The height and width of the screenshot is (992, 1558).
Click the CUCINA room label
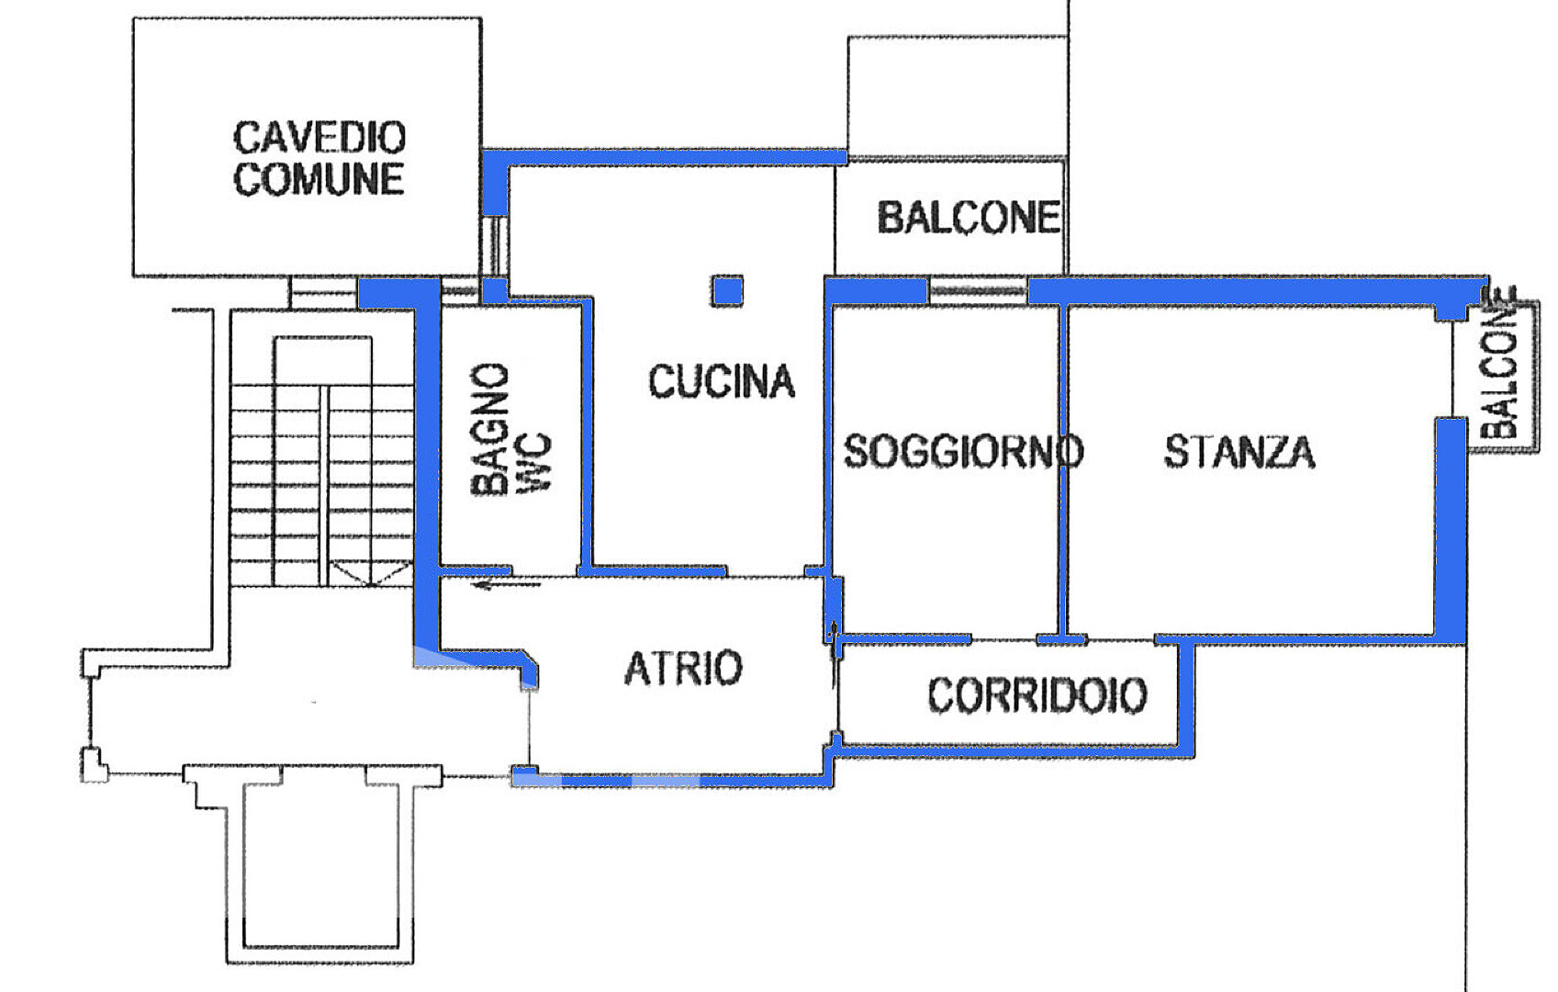(722, 381)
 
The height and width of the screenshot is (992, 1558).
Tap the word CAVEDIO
(319, 137)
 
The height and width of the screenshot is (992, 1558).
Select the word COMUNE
(319, 179)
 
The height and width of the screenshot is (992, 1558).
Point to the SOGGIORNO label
(963, 451)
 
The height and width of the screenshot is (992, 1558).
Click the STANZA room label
(1239, 452)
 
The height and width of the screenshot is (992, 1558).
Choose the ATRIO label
(683, 668)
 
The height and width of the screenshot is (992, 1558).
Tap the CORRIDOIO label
(1037, 695)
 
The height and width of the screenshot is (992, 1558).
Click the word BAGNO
(489, 429)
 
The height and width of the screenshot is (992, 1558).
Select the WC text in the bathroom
(535, 463)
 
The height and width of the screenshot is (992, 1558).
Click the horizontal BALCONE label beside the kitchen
(969, 218)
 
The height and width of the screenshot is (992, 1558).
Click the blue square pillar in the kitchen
(727, 291)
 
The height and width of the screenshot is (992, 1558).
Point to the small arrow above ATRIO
(507, 584)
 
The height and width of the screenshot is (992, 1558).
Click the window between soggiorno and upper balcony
(978, 290)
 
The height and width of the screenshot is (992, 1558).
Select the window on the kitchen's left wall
(495, 247)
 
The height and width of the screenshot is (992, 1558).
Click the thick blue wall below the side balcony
(1452, 530)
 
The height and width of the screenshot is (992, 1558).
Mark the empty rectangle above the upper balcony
(958, 96)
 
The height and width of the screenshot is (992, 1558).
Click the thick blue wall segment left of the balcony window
(877, 290)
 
